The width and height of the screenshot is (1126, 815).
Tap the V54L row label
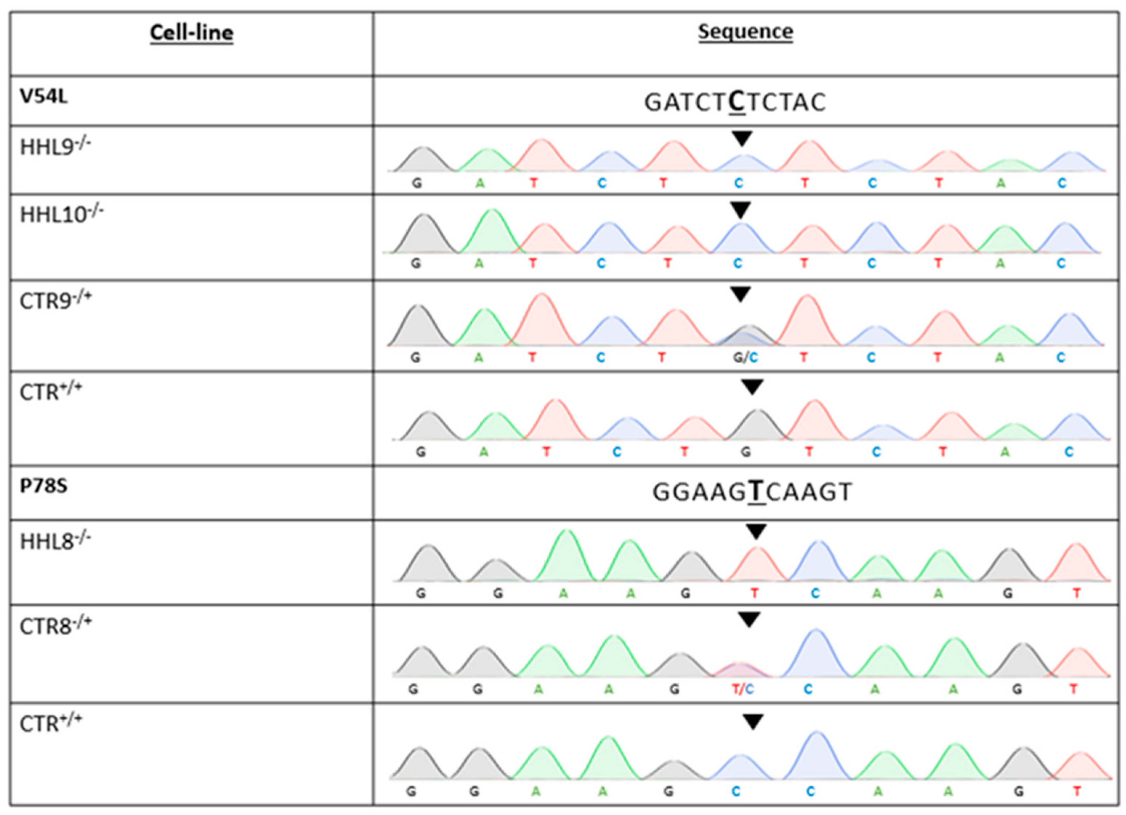pyautogui.click(x=44, y=96)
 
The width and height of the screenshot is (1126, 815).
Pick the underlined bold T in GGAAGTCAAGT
pyautogui.click(x=756, y=492)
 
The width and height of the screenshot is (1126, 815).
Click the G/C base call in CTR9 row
pyautogui.click(x=745, y=357)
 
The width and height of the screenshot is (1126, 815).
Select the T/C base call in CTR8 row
pyautogui.click(x=743, y=689)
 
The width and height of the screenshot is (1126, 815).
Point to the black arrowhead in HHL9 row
pyautogui.click(x=742, y=138)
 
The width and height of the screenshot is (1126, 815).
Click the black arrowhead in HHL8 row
pyautogui.click(x=756, y=532)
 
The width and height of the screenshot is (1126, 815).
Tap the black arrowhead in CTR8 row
pyautogui.click(x=749, y=619)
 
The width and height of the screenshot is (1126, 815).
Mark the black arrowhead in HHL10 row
pyautogui.click(x=741, y=210)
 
